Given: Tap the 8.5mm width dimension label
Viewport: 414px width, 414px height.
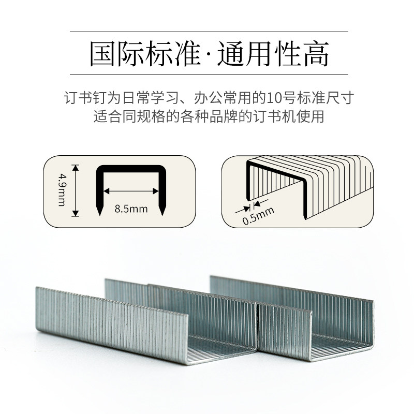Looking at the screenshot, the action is [x=131, y=210].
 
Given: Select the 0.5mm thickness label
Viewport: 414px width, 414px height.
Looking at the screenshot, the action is [x=257, y=214].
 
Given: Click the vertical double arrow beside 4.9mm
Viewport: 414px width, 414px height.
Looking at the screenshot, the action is [x=76, y=190].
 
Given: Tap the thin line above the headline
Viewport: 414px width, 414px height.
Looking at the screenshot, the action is [x=207, y=32].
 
